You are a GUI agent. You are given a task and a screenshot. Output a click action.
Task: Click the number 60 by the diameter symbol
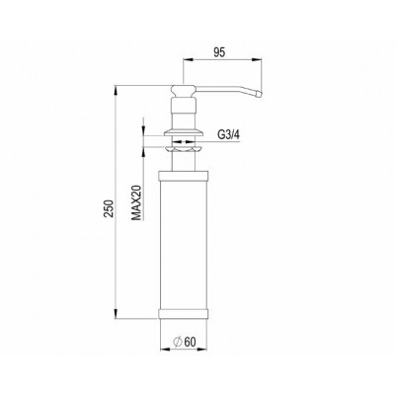tap(191, 343)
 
